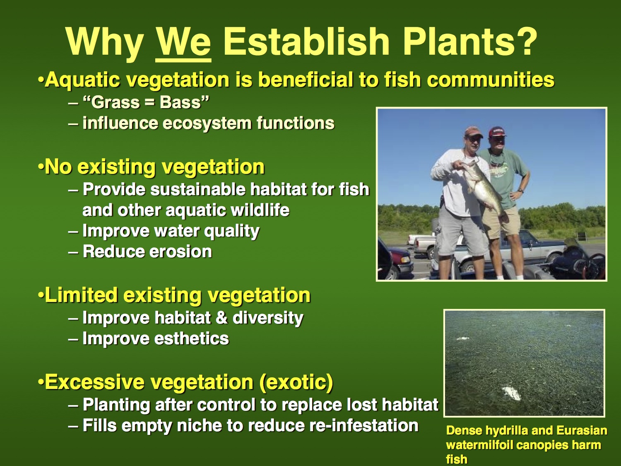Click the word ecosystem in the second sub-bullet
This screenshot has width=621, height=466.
(x=207, y=123)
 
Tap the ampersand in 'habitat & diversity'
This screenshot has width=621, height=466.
(x=221, y=318)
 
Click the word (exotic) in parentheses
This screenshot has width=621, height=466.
(x=296, y=382)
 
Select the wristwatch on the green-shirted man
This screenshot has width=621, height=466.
(x=520, y=191)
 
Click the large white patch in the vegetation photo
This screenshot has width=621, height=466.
(x=512, y=394)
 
